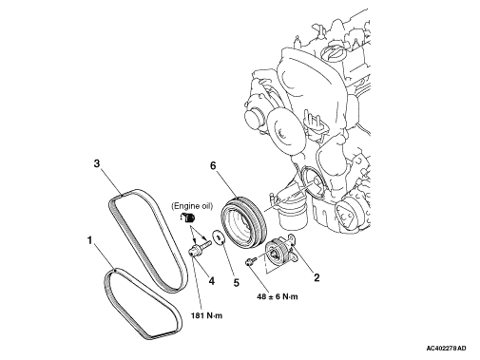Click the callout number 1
(89, 240)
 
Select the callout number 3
(97, 163)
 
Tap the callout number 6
(213, 165)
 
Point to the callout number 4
(211, 280)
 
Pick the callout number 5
(237, 282)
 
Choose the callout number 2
(317, 277)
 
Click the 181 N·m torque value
(206, 315)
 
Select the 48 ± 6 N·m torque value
(278, 296)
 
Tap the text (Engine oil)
(192, 206)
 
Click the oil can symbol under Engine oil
(188, 218)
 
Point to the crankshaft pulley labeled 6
(244, 220)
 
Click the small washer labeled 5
(219, 237)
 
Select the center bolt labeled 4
(200, 248)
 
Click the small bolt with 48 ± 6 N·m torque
(251, 260)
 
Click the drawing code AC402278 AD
(446, 349)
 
